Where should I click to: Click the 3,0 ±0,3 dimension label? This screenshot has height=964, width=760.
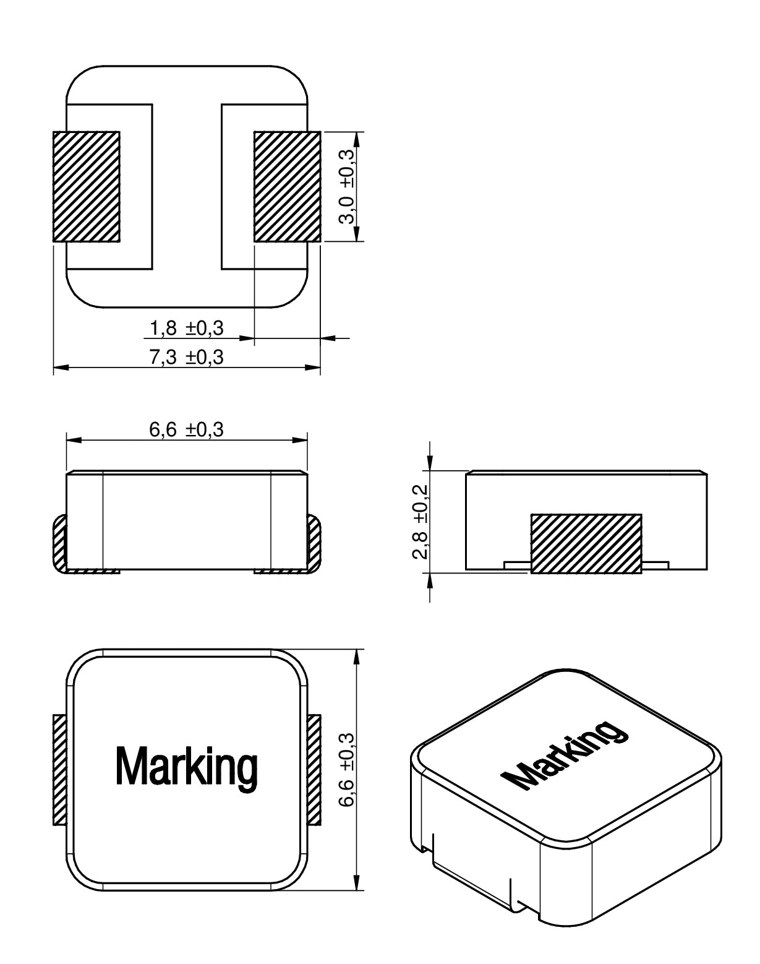pyautogui.click(x=348, y=186)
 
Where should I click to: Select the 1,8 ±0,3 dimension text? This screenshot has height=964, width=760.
pyautogui.click(x=186, y=328)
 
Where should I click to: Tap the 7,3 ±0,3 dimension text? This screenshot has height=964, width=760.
pyautogui.click(x=186, y=358)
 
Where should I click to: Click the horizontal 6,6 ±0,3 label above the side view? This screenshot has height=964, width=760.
pyautogui.click(x=186, y=429)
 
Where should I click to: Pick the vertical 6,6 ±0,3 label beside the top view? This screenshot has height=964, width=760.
pyautogui.click(x=347, y=769)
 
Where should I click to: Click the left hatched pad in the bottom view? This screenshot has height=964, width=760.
pyautogui.click(x=86, y=186)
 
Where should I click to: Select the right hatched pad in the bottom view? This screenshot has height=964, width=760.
pyautogui.click(x=287, y=186)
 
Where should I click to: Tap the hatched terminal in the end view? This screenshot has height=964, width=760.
pyautogui.click(x=586, y=543)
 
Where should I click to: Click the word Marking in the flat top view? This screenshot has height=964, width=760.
pyautogui.click(x=186, y=767)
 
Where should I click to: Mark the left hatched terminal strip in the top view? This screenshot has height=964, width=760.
pyautogui.click(x=59, y=769)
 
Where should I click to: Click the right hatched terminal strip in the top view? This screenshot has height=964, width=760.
pyautogui.click(x=314, y=769)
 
